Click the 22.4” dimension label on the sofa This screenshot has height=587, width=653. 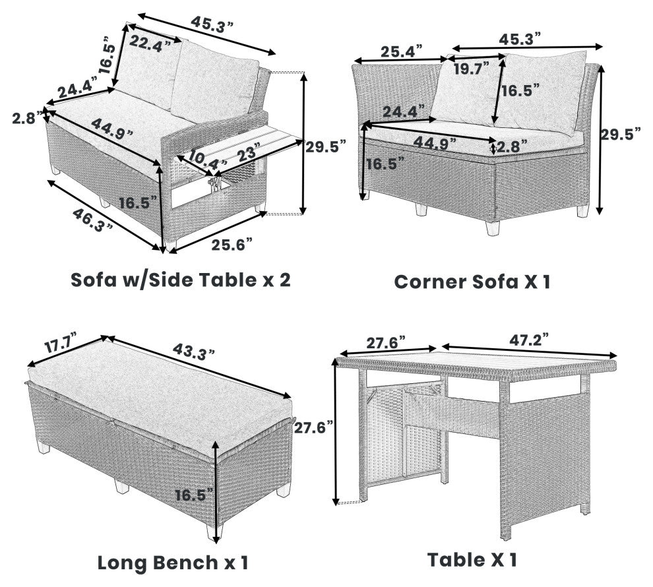[x=150, y=44]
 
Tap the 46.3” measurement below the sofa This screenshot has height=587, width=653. [x=93, y=220]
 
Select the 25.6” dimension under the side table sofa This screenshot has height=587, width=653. [x=232, y=245]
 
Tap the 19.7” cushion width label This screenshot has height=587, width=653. [x=472, y=69]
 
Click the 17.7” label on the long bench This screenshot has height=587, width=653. [x=61, y=342]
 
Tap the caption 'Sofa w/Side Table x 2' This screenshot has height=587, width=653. [x=180, y=280]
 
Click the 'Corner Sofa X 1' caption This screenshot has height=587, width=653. [x=472, y=282]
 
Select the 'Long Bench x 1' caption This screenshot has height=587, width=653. [x=173, y=563]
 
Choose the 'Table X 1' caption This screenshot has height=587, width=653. [x=472, y=559]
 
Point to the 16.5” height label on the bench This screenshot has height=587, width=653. [x=194, y=495]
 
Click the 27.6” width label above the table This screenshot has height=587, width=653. [x=386, y=343]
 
